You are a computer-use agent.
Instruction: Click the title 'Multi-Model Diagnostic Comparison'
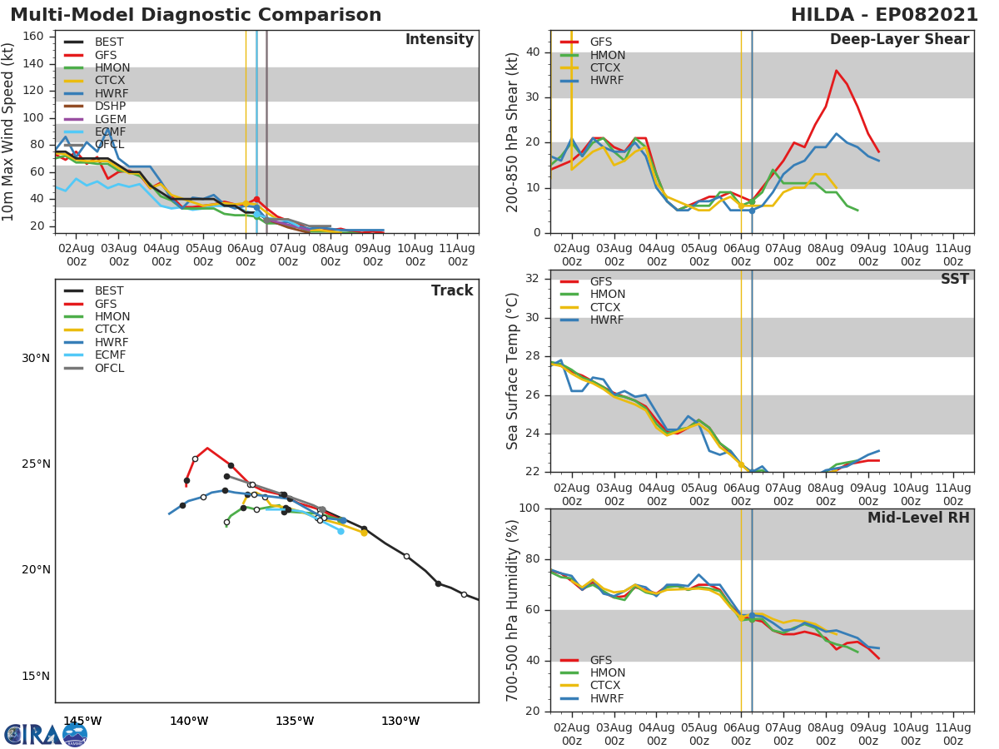(196, 15)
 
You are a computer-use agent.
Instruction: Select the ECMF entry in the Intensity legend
(110, 131)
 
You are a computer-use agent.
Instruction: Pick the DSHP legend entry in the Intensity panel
(110, 106)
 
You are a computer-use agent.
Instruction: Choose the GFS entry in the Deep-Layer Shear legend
(601, 42)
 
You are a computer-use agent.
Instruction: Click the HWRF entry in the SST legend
(607, 320)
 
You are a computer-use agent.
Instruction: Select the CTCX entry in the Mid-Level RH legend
(607, 686)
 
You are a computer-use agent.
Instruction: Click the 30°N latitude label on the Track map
(36, 358)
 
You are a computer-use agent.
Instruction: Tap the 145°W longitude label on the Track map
(82, 721)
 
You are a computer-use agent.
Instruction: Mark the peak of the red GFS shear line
(836, 70)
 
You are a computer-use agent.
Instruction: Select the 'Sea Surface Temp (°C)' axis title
(514, 370)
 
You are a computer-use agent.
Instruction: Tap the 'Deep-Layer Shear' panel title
(899, 40)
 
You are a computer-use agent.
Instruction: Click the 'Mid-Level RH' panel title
(918, 518)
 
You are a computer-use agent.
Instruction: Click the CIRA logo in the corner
(46, 734)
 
